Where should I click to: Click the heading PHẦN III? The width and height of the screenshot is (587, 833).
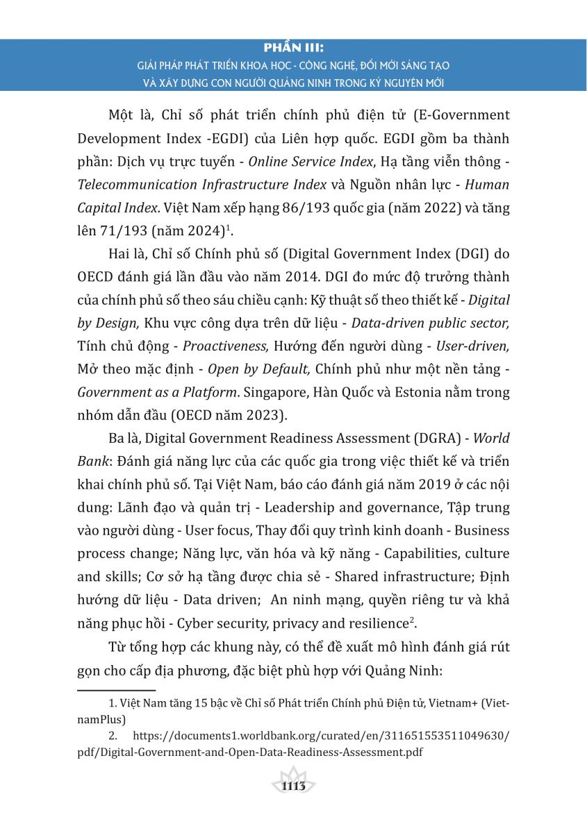pos(294,49)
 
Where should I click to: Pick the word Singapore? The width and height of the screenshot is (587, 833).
pos(285,392)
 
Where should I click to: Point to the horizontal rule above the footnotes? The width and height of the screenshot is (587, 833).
pos(116,690)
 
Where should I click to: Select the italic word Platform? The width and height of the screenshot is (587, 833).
pos(208,392)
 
